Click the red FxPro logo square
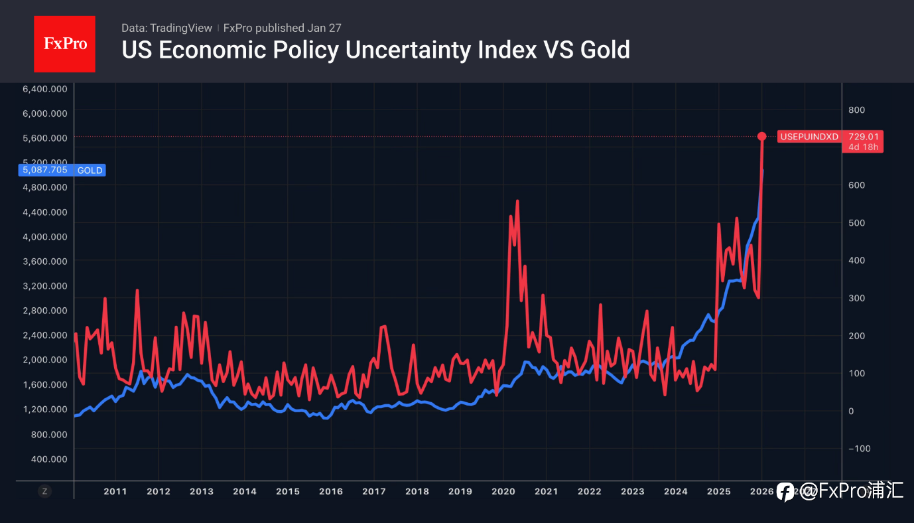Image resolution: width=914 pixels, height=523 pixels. click(64, 44)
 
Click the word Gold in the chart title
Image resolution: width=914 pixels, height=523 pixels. click(605, 50)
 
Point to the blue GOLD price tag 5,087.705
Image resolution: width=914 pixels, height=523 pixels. click(63, 170)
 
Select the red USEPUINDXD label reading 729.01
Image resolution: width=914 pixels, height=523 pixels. click(830, 141)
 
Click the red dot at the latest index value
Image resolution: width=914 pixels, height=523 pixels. click(762, 137)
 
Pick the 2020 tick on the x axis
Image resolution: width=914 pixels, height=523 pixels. click(503, 492)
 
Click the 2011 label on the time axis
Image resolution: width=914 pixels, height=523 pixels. click(115, 492)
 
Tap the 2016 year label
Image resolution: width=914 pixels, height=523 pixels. click(330, 492)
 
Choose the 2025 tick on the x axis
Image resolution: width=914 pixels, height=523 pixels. click(718, 492)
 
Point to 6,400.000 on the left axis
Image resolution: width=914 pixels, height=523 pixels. click(44, 89)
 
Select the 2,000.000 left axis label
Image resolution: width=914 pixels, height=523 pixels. click(44, 360)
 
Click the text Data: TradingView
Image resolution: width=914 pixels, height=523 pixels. click(166, 28)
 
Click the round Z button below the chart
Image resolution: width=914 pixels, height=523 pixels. click(44, 492)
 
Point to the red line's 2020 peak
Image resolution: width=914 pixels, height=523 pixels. click(517, 201)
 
